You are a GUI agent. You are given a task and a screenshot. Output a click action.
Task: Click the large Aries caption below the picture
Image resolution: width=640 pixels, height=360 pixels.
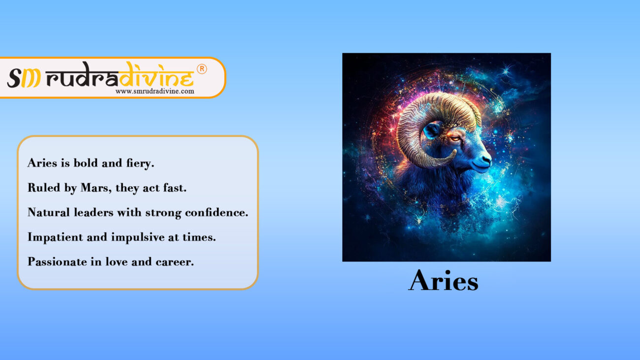[443, 280]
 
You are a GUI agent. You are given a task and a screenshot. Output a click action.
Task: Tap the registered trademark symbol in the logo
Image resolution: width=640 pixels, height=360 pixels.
[202, 69]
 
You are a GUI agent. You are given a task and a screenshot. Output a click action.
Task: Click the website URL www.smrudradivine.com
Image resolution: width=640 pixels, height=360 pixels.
[155, 91]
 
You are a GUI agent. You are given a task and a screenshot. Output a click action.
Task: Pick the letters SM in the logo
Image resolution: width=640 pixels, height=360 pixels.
[23, 78]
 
